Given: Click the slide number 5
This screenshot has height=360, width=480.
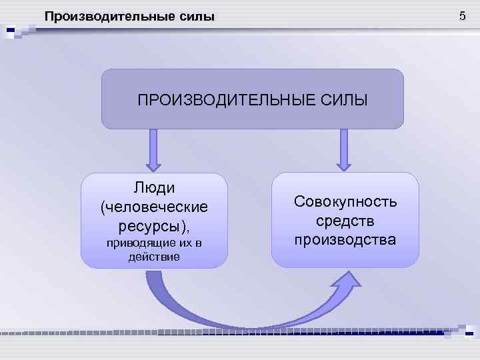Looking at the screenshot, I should [x=462, y=15].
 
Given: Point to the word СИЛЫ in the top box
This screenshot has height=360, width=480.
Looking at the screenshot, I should [x=344, y=101].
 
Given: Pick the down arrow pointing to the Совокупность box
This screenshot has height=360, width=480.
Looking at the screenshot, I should [x=344, y=149].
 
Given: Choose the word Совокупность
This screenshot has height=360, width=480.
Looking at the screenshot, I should [x=345, y=201].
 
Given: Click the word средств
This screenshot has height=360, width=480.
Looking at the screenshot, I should [x=345, y=220].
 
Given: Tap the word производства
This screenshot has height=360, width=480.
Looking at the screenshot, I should [x=345, y=239].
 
